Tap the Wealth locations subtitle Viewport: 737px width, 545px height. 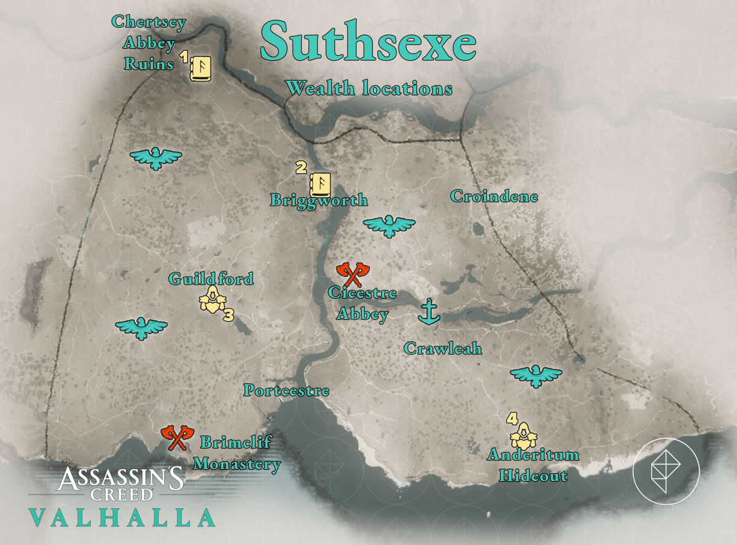(x=369, y=89)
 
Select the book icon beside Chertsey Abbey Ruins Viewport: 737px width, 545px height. (x=200, y=68)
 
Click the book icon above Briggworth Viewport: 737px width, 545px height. (x=320, y=184)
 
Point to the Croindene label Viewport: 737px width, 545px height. (x=494, y=197)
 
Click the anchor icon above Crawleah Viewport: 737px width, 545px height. (x=429, y=312)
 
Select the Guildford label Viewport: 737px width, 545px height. (x=211, y=279)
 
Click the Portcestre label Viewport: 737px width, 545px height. (x=286, y=390)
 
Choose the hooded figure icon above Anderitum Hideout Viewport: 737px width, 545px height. (x=523, y=435)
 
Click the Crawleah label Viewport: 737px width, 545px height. (x=442, y=349)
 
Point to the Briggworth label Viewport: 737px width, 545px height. (x=319, y=201)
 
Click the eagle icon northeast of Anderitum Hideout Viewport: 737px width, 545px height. (x=536, y=375)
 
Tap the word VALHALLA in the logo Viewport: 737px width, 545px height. (x=122, y=517)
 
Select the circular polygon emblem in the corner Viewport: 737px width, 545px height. (x=666, y=471)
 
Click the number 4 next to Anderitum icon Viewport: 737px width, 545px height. (x=511, y=419)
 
